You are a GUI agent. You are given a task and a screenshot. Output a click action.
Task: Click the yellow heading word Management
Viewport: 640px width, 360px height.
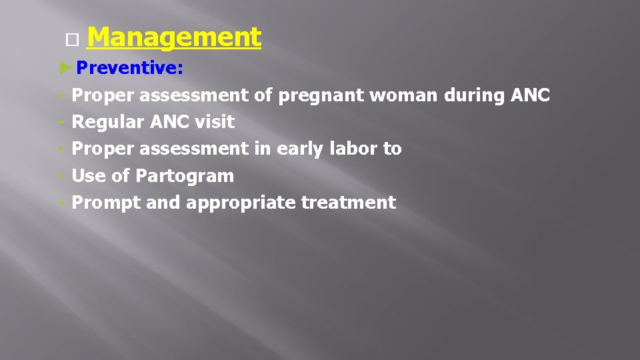(x=173, y=38)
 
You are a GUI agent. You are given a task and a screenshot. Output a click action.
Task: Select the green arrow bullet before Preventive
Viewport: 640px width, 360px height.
(x=65, y=68)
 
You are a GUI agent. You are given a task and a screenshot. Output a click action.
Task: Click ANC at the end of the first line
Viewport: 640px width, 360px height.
(x=530, y=96)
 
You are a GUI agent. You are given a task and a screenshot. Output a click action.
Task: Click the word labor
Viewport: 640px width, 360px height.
(x=356, y=149)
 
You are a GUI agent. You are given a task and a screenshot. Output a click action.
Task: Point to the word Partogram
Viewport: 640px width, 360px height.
(x=185, y=177)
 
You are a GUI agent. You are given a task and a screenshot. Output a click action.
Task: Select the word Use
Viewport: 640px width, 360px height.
(x=87, y=177)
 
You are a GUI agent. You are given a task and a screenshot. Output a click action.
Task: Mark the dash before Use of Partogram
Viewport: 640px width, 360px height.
(x=62, y=176)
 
